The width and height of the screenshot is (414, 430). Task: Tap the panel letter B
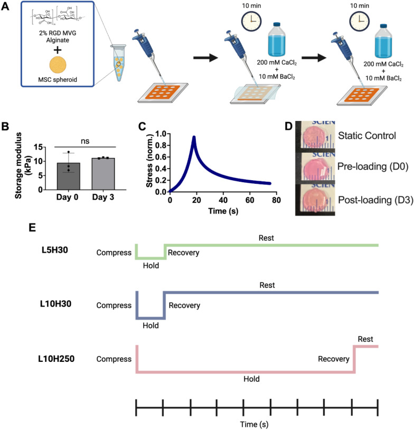coord(6,128)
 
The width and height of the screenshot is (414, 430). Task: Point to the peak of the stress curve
coord(194,137)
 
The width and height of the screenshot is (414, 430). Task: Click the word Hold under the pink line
coord(250,378)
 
